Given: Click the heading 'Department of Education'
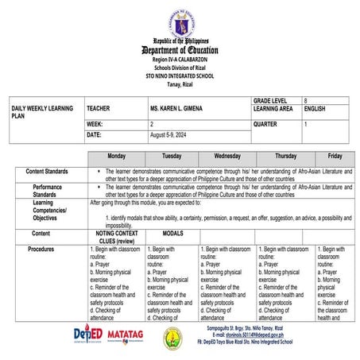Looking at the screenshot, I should [180, 50].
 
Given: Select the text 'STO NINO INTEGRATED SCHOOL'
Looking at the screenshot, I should [180, 75].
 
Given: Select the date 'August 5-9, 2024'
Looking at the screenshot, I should [168, 135].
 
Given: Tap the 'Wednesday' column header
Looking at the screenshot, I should [227, 157].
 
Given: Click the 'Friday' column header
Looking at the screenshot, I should [335, 157].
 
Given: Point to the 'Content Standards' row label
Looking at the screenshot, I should [46, 171].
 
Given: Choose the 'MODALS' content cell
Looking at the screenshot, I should [172, 234].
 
